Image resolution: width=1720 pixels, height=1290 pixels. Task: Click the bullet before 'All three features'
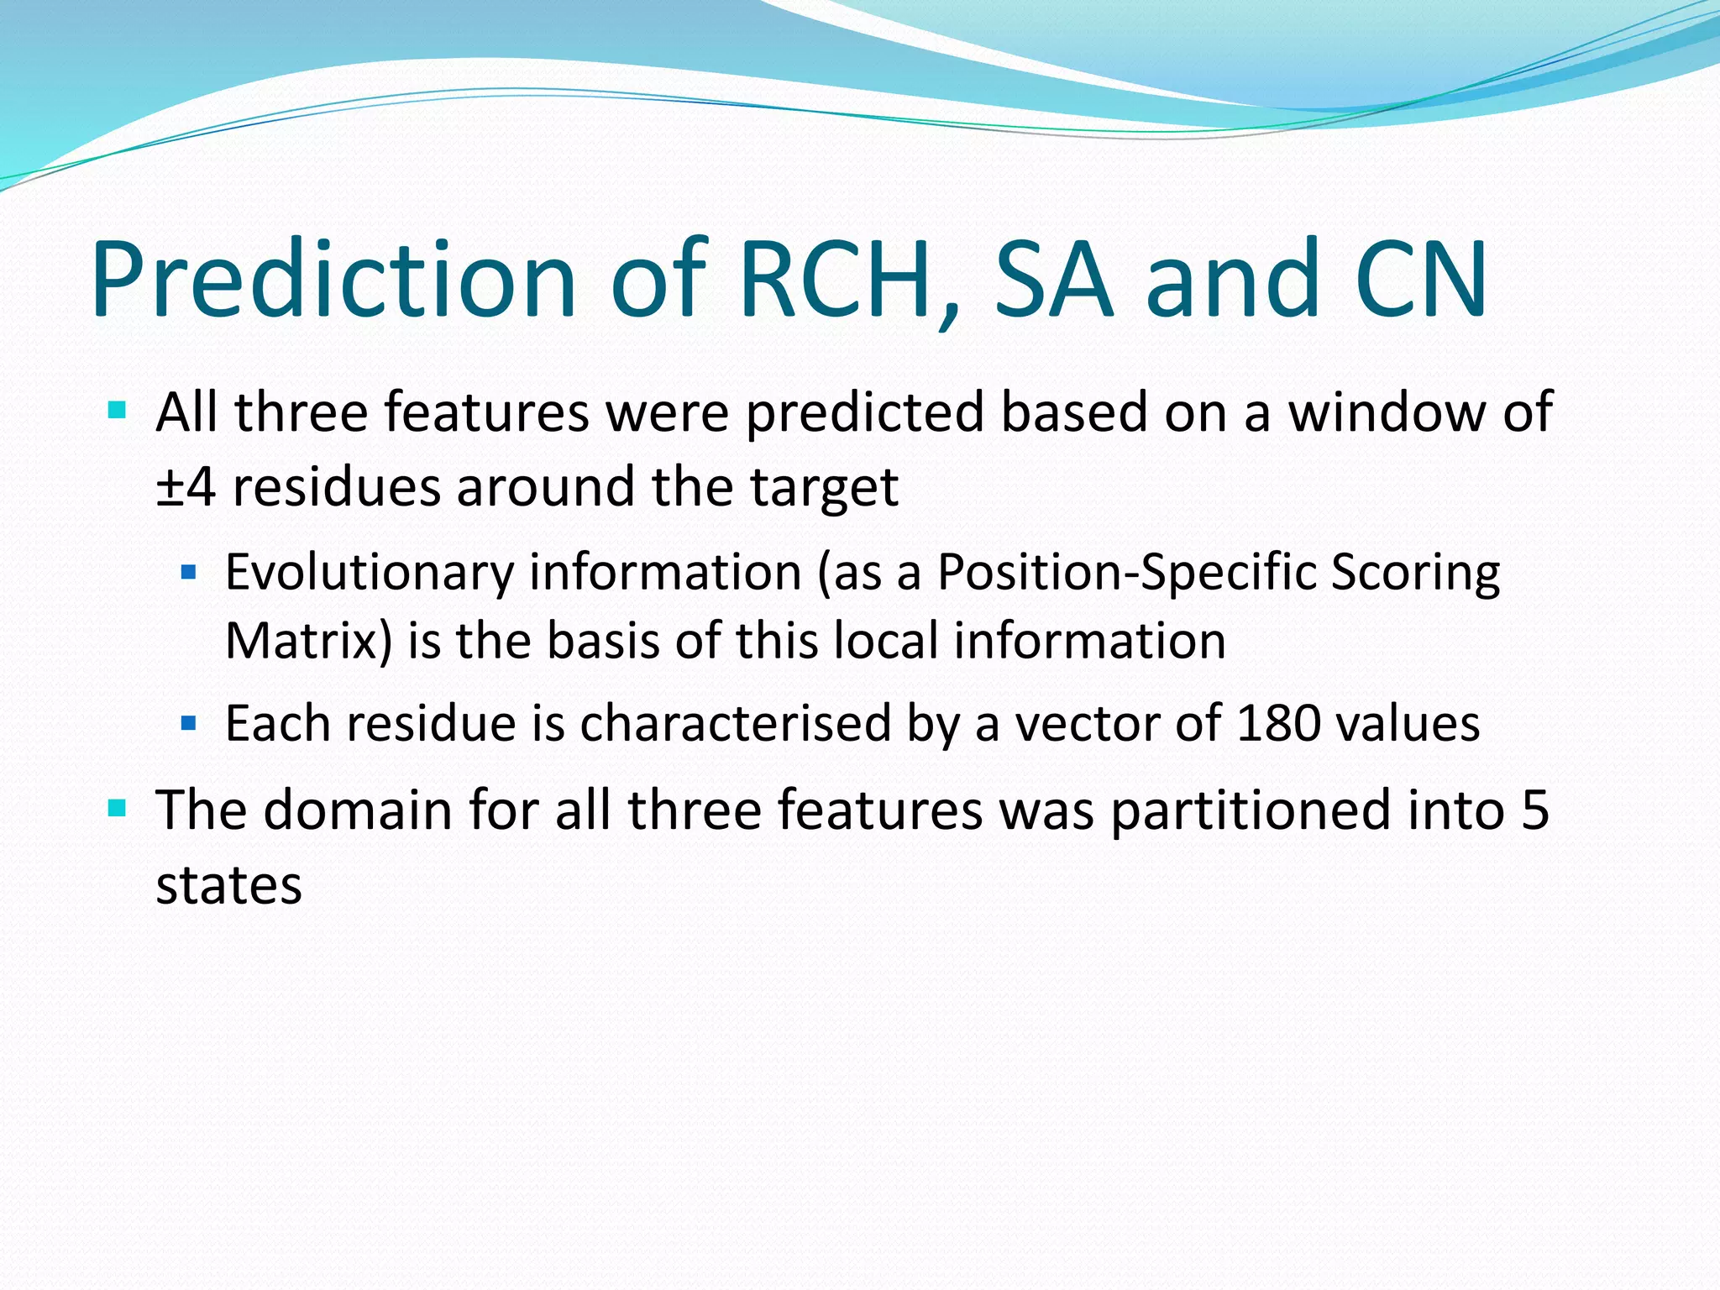(x=118, y=412)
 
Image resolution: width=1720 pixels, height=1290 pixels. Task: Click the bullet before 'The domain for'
(x=118, y=809)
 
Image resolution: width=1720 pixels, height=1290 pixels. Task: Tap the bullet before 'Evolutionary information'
(x=189, y=573)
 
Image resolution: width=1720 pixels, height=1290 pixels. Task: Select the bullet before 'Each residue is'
(x=189, y=722)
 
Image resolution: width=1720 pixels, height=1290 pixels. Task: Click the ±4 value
(x=186, y=487)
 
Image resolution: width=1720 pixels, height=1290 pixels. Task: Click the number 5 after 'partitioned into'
(x=1534, y=810)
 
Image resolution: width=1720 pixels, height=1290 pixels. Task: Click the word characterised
(x=735, y=723)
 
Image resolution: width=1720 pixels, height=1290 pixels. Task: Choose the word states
(x=228, y=885)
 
